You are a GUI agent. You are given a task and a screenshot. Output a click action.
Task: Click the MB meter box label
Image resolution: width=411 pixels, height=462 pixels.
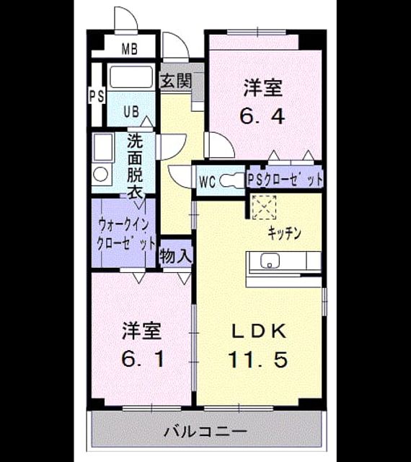130,49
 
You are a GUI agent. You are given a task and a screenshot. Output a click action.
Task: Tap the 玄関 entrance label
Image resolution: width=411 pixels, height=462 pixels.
177,80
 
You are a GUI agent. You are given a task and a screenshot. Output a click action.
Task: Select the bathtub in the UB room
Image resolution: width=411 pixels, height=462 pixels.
131,77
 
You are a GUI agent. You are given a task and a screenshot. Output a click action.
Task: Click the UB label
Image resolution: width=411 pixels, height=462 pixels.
131,112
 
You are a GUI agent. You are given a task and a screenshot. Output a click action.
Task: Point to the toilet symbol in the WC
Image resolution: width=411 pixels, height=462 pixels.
233,180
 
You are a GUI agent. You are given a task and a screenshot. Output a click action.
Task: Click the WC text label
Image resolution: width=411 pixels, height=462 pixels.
208,181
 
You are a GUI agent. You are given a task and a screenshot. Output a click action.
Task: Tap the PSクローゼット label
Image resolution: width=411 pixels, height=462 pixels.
285,180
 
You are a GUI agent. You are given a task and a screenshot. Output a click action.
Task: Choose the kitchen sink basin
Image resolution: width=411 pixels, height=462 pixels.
270,261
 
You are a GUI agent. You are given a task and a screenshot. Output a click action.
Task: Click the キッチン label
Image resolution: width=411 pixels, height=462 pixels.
284,233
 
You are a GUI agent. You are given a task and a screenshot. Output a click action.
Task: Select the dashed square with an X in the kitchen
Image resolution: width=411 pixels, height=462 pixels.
263,207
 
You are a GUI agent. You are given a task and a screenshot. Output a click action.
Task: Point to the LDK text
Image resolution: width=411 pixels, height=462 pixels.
259,331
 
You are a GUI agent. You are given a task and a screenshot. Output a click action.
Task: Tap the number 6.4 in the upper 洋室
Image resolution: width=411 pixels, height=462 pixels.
262,116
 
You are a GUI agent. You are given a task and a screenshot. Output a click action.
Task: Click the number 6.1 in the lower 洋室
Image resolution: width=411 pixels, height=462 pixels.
143,359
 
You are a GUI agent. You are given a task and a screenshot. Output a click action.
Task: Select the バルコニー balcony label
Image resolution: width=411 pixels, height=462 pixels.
205,432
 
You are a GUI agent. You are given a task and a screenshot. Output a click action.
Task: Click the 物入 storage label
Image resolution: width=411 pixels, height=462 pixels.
176,256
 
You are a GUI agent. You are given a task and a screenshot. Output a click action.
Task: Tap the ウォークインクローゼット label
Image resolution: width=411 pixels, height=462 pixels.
125,235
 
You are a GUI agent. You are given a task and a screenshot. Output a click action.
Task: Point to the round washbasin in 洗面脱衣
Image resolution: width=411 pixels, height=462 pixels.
100,175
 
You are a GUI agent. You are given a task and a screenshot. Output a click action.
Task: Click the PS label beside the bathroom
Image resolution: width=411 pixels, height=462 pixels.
97,96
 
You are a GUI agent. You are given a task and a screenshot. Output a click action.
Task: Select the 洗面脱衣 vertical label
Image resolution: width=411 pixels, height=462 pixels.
135,167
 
